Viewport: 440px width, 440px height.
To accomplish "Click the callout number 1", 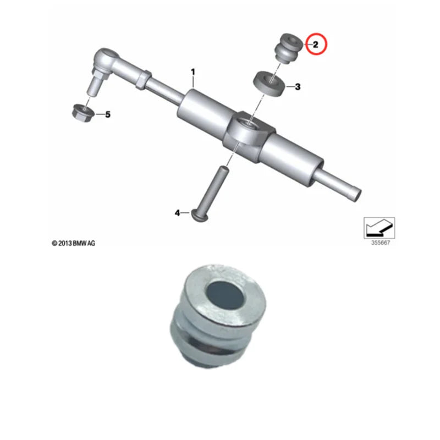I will pos(193,72).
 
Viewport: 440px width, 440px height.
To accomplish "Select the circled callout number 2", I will pos(316,44).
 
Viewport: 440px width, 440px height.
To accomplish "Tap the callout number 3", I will pos(298,86).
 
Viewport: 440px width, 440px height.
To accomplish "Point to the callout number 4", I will pos(178,212).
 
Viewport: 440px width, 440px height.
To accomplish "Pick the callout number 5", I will pos(108,114).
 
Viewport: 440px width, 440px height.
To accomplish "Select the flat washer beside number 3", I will pos(269,84).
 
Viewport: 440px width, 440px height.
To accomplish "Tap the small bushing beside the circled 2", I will pos(288,48).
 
